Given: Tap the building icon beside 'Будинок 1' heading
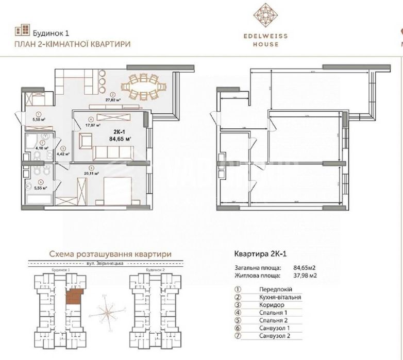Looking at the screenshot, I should coord(22,30).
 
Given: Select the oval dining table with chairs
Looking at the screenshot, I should coord(143,85).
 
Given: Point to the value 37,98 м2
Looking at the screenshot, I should coord(305,276).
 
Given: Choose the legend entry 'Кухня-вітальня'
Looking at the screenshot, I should coord(274,297).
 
